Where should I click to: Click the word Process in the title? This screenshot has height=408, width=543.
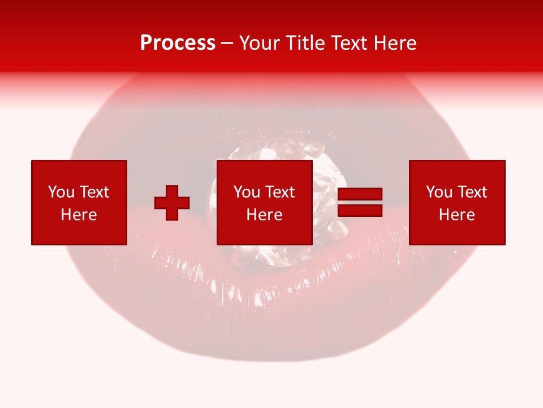click(x=178, y=43)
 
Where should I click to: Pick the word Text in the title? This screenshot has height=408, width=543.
click(x=346, y=43)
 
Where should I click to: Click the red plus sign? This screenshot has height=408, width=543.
click(x=172, y=203)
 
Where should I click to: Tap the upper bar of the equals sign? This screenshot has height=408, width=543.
click(x=360, y=194)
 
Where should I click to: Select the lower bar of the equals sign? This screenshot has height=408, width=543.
click(x=360, y=210)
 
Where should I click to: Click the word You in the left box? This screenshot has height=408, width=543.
click(x=61, y=192)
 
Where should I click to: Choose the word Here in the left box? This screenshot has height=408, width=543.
click(x=79, y=215)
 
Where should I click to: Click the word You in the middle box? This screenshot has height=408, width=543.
click(x=247, y=192)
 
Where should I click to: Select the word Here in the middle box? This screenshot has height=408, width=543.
click(x=265, y=215)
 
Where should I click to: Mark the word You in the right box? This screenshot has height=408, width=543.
click(x=439, y=192)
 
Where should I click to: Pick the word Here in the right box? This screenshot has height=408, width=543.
click(x=457, y=215)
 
